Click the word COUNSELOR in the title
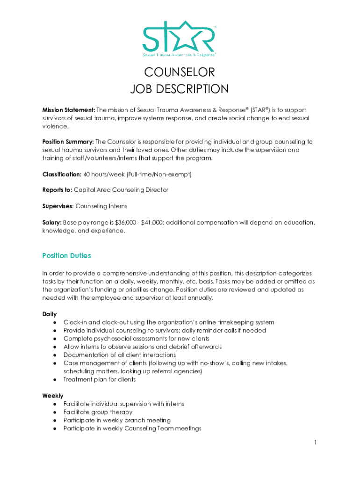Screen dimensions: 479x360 [180, 73]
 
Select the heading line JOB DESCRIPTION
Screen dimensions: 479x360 [180, 89]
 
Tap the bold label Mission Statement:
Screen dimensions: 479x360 [69, 109]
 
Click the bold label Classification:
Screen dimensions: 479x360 [62, 174]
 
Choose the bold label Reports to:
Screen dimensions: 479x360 [58, 190]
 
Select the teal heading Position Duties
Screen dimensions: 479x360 [66, 255]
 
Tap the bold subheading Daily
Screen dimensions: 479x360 [50, 314]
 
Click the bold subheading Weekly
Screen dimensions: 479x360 [53, 396]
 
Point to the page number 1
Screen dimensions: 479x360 [316, 443]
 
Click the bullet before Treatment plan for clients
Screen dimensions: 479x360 [55, 379]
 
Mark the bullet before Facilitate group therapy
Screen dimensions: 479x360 [55, 412]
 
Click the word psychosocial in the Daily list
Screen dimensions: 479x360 [109, 338]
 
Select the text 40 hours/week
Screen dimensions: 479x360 [103, 174]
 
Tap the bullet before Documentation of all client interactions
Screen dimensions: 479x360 [55, 355]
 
